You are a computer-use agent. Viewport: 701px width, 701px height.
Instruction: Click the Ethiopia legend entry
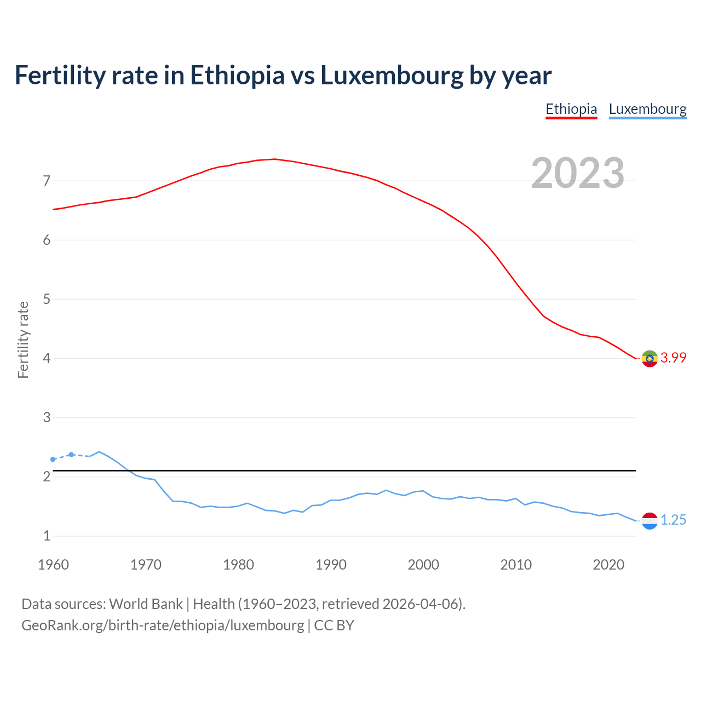click(571, 109)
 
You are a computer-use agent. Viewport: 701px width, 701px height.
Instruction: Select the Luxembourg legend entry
click(647, 109)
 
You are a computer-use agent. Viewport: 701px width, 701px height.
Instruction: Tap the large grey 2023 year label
click(578, 173)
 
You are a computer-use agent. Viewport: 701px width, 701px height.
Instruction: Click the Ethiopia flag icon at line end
click(650, 359)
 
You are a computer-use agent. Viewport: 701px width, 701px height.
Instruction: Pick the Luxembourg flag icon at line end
click(650, 521)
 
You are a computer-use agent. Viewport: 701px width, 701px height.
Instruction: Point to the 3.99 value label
click(673, 358)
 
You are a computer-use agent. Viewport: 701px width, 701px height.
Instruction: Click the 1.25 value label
click(673, 520)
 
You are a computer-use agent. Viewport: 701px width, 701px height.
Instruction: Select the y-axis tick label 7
click(47, 181)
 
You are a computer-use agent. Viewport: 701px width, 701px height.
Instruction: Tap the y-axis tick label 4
click(47, 359)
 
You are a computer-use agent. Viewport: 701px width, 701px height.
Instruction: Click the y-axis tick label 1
click(47, 536)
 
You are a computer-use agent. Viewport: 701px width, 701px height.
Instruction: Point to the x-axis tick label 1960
click(53, 565)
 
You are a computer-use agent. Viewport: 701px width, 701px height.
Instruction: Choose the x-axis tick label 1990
click(331, 565)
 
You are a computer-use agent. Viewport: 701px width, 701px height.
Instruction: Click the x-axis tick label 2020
click(608, 565)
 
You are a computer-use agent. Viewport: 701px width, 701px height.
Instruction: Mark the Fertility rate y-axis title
click(23, 340)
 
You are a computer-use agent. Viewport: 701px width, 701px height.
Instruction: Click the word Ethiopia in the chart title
click(237, 75)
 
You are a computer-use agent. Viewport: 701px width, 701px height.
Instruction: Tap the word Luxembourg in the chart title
click(392, 75)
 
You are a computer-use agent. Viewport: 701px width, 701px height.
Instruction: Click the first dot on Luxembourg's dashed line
click(53, 459)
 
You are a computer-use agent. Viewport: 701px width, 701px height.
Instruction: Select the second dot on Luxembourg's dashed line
click(71, 455)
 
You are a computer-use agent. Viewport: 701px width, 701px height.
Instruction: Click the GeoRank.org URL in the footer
click(163, 625)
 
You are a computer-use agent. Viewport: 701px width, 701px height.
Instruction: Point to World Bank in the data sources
click(146, 604)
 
